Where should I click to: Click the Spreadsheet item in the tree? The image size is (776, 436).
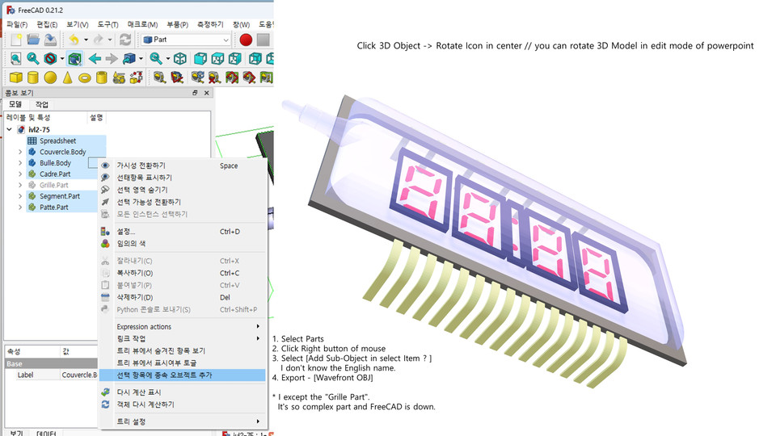57,140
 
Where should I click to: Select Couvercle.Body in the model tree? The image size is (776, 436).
62,152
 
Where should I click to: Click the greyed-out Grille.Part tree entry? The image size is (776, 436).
53,185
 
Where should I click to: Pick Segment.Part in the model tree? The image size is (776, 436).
59,196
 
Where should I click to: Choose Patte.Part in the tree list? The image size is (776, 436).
53,208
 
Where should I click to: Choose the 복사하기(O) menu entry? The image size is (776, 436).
134,273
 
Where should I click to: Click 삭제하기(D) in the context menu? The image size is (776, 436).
134,297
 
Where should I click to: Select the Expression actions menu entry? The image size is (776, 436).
144,327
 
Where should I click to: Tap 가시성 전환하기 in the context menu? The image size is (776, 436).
141,166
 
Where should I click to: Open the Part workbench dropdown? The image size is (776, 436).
186,40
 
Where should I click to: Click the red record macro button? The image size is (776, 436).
246,40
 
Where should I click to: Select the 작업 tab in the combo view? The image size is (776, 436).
41,105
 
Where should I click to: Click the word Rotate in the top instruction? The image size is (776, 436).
450,46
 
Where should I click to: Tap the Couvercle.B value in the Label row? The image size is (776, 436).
79,375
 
